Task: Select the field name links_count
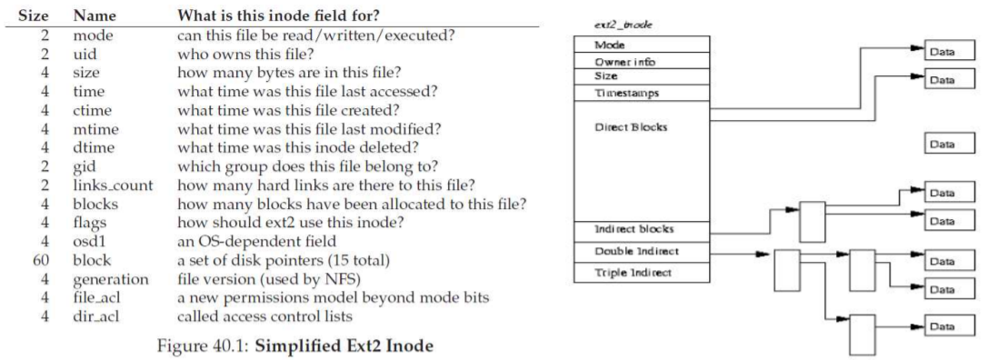(114, 186)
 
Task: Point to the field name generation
(111, 279)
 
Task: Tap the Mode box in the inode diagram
(641, 45)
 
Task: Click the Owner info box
(641, 61)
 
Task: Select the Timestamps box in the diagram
(641, 93)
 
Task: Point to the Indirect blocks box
(641, 229)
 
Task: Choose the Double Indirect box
(641, 251)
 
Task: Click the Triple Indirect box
(641, 272)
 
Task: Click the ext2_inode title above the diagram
(613, 25)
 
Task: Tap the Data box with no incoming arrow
(949, 145)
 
